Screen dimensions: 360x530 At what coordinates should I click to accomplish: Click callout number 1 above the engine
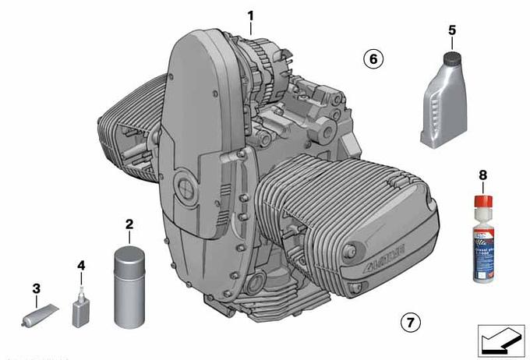pyautogui.click(x=250, y=15)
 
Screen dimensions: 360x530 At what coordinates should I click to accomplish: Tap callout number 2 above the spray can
pyautogui.click(x=129, y=224)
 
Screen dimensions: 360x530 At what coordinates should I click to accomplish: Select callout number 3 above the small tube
pyautogui.click(x=36, y=289)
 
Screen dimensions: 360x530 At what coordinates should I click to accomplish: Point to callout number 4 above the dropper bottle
pyautogui.click(x=81, y=266)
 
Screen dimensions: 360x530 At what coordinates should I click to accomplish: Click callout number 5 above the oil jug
pyautogui.click(x=451, y=30)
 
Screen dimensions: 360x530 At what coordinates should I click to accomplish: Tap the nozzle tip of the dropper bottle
pyautogui.click(x=81, y=285)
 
